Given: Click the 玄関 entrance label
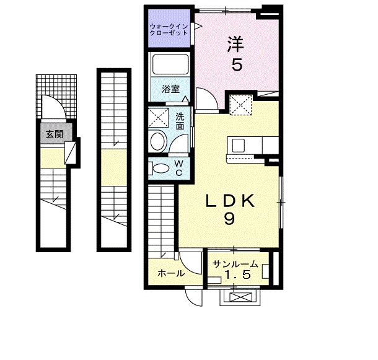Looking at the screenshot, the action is coord(55,134).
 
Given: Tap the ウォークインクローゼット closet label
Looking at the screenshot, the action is coord(169,30).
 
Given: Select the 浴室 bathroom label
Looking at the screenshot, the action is coord(170,89).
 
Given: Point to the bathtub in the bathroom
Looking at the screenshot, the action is coord(170,64).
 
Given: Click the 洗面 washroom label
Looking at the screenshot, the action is coord(180,121).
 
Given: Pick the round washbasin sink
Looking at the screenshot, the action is coord(158,141).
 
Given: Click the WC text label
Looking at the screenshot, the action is coord(178,168).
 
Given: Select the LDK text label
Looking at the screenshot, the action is coord(230,201).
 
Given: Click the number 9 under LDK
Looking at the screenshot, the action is coord(229,219).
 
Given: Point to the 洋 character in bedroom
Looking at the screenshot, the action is coord(235,44).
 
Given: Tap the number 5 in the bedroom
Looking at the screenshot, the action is coord(237,64).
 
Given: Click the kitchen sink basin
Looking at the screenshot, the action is coord(239,146).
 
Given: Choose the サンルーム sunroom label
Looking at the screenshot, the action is coord(235,265).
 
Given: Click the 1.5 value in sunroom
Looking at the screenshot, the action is coord(237,274).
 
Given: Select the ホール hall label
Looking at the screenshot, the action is coord(171,273).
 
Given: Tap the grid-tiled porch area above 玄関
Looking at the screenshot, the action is coord(56,97).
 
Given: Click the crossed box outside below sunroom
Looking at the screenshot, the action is coord(240,297).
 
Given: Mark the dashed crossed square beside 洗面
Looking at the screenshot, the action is coord(159,118).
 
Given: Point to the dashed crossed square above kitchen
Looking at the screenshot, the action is coord(240,105).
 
